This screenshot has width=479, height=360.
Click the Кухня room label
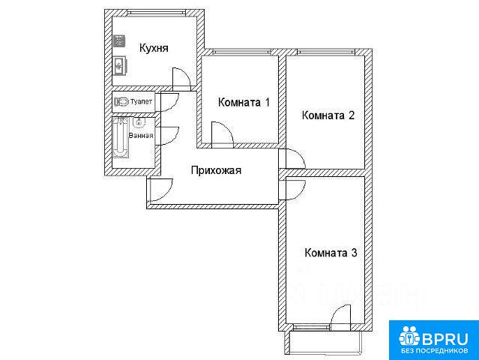pyautogui.click(x=154, y=48)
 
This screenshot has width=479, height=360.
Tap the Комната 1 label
pyautogui.click(x=244, y=102)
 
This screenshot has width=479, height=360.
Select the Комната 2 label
pyautogui.click(x=328, y=115)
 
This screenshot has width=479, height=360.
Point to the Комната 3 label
pyautogui.click(x=331, y=253)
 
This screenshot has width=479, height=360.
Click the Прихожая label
pyautogui.click(x=216, y=170)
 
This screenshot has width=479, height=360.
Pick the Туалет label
pyautogui.click(x=141, y=101)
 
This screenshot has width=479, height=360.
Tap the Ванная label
pyautogui.click(x=141, y=136)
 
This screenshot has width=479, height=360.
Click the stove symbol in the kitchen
pyautogui.click(x=119, y=41)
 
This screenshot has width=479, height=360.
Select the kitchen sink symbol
pyautogui.click(x=119, y=66)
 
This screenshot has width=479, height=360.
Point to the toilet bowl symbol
pyautogui.click(x=121, y=101)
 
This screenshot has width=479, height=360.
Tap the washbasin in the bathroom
pyautogui.click(x=139, y=122)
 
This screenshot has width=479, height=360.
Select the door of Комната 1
pyautogui.click(x=223, y=135)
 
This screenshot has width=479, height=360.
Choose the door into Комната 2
pyautogui.click(x=292, y=158)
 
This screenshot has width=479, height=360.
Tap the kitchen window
pyautogui.click(x=156, y=13)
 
